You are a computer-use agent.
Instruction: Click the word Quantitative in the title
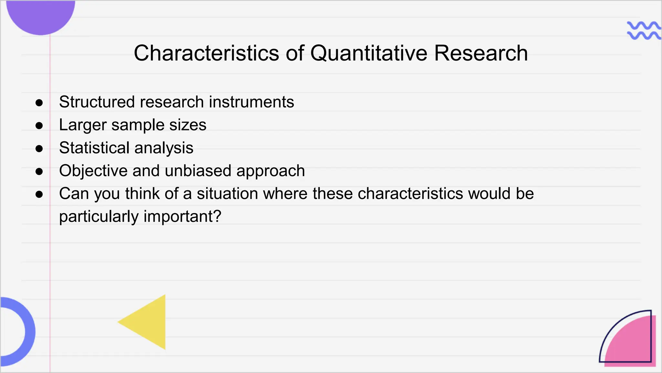pos(368,53)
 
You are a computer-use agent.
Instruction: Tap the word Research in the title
pos(481,53)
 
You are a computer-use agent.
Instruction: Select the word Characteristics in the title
pos(206,53)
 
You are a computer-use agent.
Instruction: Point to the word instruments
pos(251,102)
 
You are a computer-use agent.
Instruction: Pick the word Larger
pos(83,125)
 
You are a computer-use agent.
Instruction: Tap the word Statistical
pos(94,148)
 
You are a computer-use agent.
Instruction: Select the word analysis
pos(164,148)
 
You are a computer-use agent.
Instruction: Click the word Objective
pos(93,171)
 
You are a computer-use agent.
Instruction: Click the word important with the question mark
pos(183,217)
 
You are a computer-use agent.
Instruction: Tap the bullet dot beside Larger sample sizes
pos(39,126)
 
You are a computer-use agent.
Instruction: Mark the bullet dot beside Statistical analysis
pos(39,149)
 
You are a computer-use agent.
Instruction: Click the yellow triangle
pos(149,322)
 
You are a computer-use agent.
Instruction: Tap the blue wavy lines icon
pos(643,31)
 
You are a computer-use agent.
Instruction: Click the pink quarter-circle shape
pos(634,345)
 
